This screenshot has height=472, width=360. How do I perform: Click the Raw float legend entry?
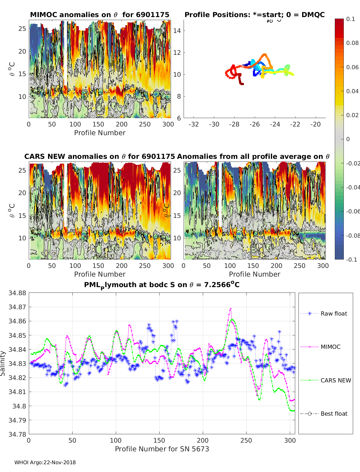click(324, 313)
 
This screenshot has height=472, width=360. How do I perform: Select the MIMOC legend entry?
click(320, 347)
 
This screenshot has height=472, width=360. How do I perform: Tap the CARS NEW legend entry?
click(325, 380)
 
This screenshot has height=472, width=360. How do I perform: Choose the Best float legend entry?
click(324, 414)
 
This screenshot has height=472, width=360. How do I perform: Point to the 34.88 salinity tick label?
click(17, 293)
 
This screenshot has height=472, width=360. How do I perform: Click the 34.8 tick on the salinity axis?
click(19, 406)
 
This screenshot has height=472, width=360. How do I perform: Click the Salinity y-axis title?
click(3, 364)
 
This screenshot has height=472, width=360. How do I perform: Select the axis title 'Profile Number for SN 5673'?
click(162, 449)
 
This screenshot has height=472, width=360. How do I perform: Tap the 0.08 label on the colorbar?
click(352, 43)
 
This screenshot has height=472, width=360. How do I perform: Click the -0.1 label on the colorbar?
click(352, 260)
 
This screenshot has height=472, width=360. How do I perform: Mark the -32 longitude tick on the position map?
click(194, 124)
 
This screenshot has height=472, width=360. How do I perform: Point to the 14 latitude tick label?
click(177, 31)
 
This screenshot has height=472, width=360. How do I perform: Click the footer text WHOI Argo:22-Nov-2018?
click(45, 462)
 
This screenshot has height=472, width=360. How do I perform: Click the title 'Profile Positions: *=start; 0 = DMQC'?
click(255, 15)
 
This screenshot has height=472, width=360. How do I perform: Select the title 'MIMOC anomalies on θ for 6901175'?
click(100, 15)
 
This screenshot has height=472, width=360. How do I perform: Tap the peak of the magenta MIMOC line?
click(231, 309)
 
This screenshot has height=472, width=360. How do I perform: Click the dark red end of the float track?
click(242, 84)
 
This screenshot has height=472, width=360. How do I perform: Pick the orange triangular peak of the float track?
click(265, 55)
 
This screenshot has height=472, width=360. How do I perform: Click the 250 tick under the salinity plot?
click(246, 441)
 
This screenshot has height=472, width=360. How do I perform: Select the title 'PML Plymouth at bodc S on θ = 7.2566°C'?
click(162, 285)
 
